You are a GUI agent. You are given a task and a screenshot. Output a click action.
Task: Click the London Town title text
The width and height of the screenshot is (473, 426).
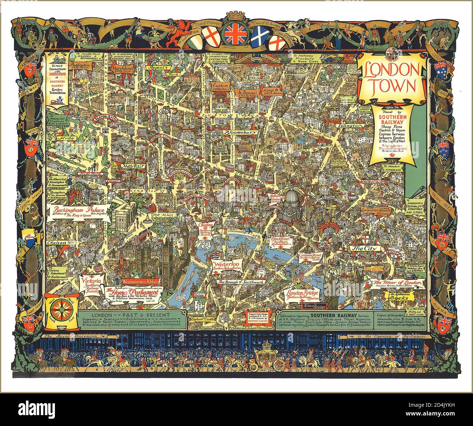coord(392,78)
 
